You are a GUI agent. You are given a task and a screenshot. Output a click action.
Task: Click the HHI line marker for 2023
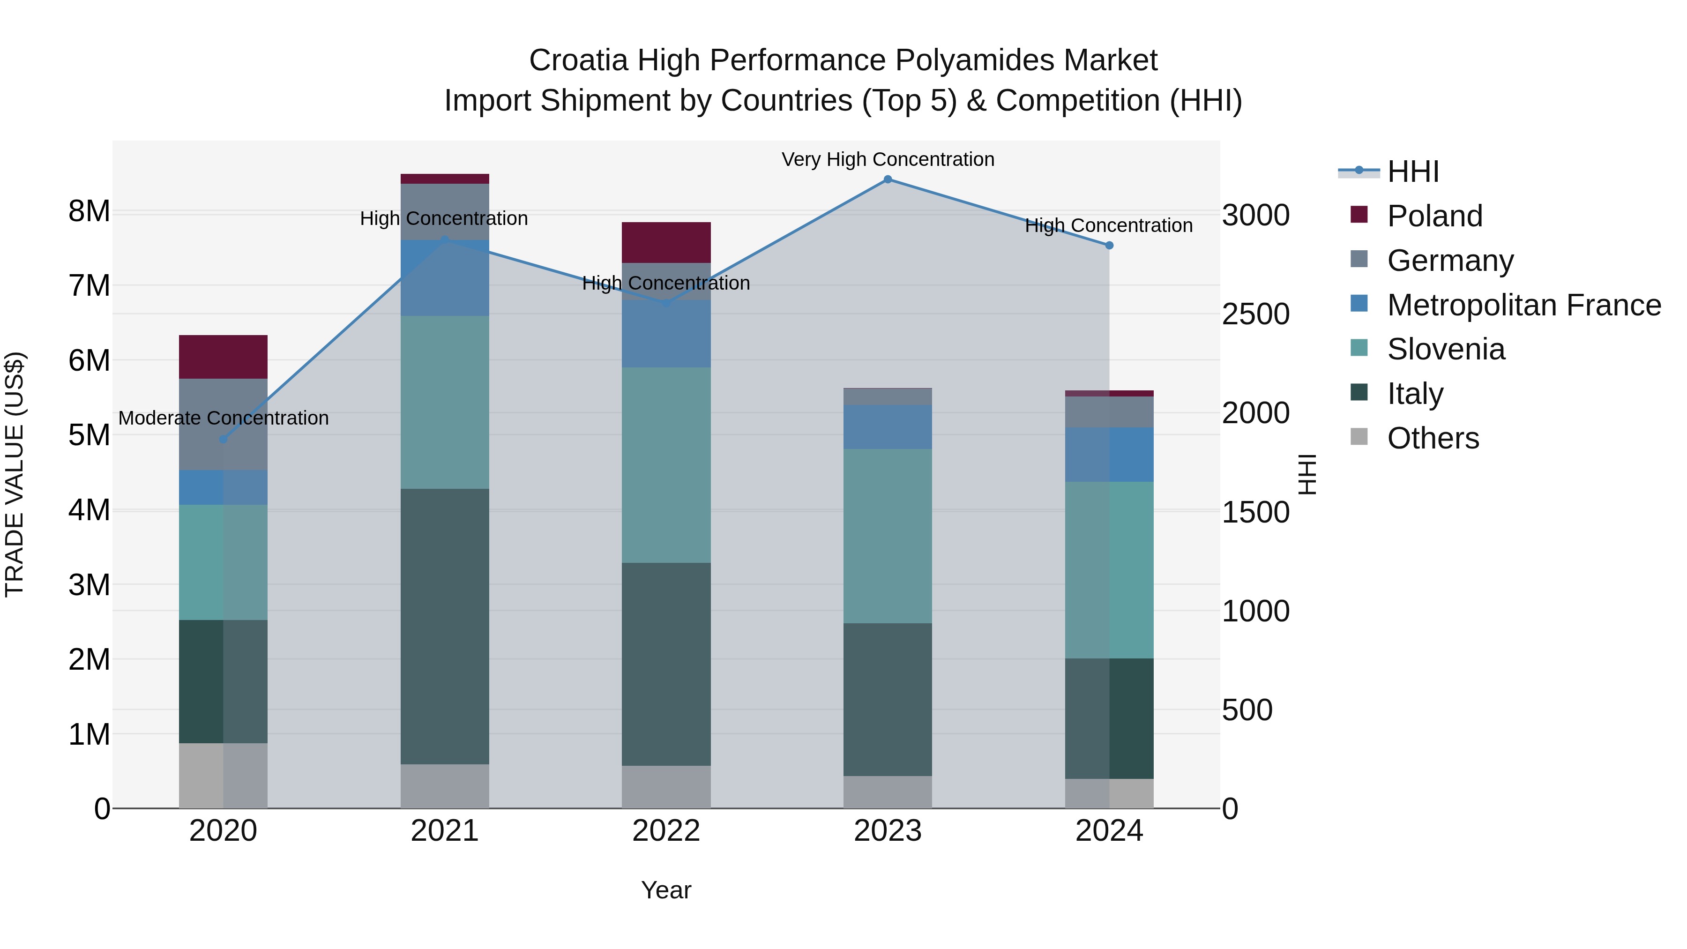[x=888, y=179]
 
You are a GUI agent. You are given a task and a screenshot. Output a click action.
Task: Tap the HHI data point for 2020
[x=224, y=439]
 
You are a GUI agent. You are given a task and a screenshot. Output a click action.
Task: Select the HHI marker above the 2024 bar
[x=1109, y=246]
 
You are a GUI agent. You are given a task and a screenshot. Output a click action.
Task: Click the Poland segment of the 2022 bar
[x=666, y=242]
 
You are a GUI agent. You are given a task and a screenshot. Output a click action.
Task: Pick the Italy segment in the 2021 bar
[x=445, y=626]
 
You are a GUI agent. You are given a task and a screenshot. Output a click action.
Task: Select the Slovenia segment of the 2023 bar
[x=888, y=536]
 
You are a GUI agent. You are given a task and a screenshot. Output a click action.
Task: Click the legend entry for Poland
[x=1434, y=216]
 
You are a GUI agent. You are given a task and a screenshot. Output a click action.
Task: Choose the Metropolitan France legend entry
[x=1523, y=305]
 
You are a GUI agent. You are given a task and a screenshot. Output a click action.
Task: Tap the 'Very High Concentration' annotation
[x=888, y=160]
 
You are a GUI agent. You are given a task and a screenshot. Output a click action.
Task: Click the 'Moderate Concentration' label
[x=224, y=418]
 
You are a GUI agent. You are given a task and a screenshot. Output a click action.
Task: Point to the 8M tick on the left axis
[x=89, y=211]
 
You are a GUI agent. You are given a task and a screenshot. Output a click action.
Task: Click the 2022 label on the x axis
[x=666, y=831]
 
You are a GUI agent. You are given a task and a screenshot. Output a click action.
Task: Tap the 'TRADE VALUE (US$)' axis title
[x=15, y=474]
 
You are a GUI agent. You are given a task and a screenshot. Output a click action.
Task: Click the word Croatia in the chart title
[x=578, y=60]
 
